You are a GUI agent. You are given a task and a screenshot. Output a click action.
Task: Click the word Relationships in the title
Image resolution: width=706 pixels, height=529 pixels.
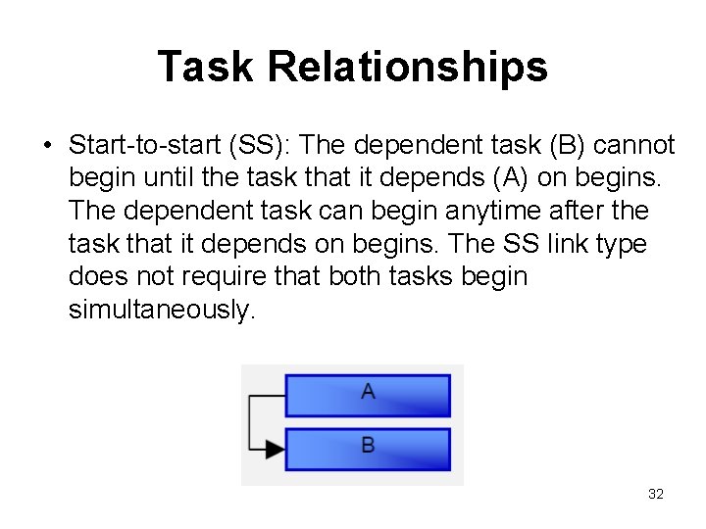pos(407,67)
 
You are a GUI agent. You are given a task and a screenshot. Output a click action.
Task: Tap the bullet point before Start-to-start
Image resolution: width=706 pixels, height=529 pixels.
pos(46,147)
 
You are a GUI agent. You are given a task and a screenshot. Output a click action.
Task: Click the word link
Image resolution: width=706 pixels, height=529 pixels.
pos(553,244)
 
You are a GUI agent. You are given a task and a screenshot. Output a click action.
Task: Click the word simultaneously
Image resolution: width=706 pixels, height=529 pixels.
pos(160,310)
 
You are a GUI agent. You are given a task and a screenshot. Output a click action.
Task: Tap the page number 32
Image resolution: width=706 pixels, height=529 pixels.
pos(656,494)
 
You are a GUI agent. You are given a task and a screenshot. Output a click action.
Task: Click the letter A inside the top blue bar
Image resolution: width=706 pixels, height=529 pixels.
pos(368,392)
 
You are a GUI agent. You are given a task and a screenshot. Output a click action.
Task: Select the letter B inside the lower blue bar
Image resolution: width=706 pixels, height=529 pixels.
pos(368,446)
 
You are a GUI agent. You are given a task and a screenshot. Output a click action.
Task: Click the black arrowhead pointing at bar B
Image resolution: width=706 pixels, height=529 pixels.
pos(276,451)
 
